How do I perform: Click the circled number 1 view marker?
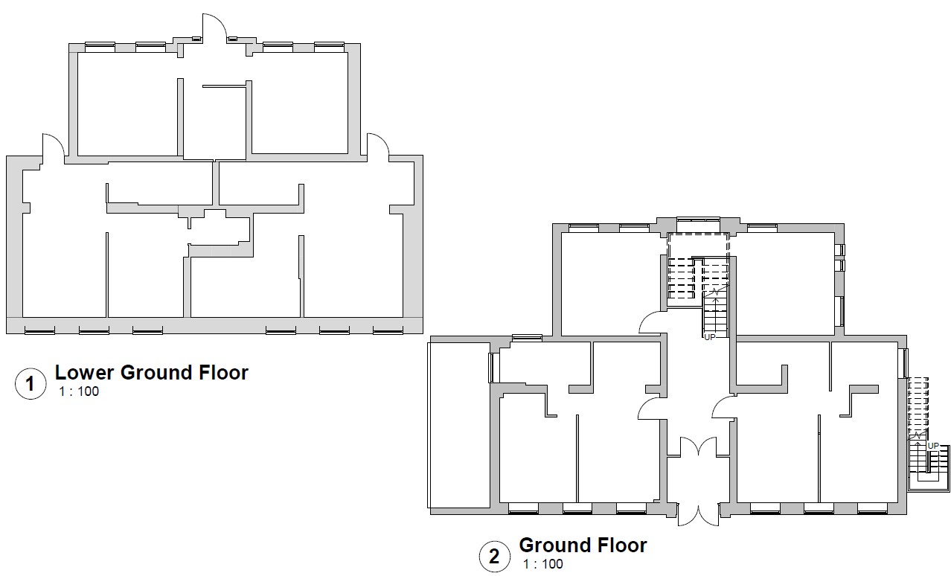click(x=31, y=384)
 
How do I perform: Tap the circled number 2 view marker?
click(x=495, y=557)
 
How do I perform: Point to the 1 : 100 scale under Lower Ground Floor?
click(x=79, y=391)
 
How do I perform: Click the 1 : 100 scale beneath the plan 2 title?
click(x=543, y=564)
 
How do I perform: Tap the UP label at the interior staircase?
click(x=710, y=337)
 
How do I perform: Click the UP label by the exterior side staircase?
click(x=933, y=446)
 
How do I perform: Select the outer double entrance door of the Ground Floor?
click(x=699, y=515)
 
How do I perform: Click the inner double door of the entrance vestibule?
click(x=699, y=447)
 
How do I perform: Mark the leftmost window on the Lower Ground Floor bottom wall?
click(x=39, y=330)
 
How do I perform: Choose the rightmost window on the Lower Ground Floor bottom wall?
click(x=388, y=330)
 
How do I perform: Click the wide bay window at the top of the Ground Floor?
click(x=699, y=220)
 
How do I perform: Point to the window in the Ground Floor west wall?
click(x=492, y=368)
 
